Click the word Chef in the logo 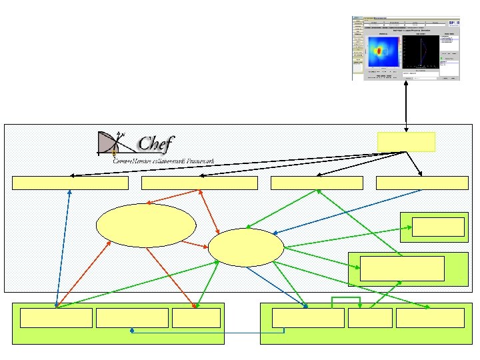(155, 144)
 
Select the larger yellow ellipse (146, 225)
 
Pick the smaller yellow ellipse (245, 247)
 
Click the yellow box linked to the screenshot (406, 142)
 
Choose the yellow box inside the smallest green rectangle (438, 227)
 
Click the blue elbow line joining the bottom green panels (207, 332)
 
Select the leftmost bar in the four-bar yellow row (70, 183)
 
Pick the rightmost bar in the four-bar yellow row (422, 183)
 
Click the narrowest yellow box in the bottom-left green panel (196, 318)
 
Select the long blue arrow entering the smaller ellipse (347, 211)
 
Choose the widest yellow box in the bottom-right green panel (308, 318)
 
